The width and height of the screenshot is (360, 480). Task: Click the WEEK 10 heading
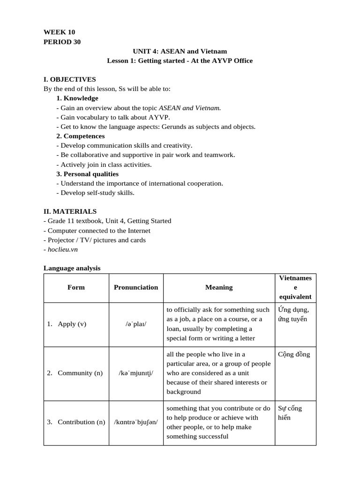point(59,32)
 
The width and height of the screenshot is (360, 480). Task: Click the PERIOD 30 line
point(62,42)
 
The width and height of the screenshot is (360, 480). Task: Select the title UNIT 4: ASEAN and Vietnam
point(180,51)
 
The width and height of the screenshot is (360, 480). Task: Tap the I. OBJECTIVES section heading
point(69,79)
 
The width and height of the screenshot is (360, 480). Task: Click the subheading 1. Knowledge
point(77,98)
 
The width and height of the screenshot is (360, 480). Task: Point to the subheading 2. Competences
point(81,136)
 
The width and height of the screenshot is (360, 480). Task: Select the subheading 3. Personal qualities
point(87,174)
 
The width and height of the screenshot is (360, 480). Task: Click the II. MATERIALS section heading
point(70,211)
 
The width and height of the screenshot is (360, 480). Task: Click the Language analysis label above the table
point(72,268)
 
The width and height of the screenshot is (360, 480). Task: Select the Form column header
point(76,287)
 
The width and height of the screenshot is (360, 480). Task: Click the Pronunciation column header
point(136,287)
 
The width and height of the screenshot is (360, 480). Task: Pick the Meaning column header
point(219,287)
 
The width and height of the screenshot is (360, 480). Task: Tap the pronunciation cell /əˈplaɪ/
point(136,324)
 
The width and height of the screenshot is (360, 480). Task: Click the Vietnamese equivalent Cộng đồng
point(294,354)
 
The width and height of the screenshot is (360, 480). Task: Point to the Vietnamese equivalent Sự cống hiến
point(290,412)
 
